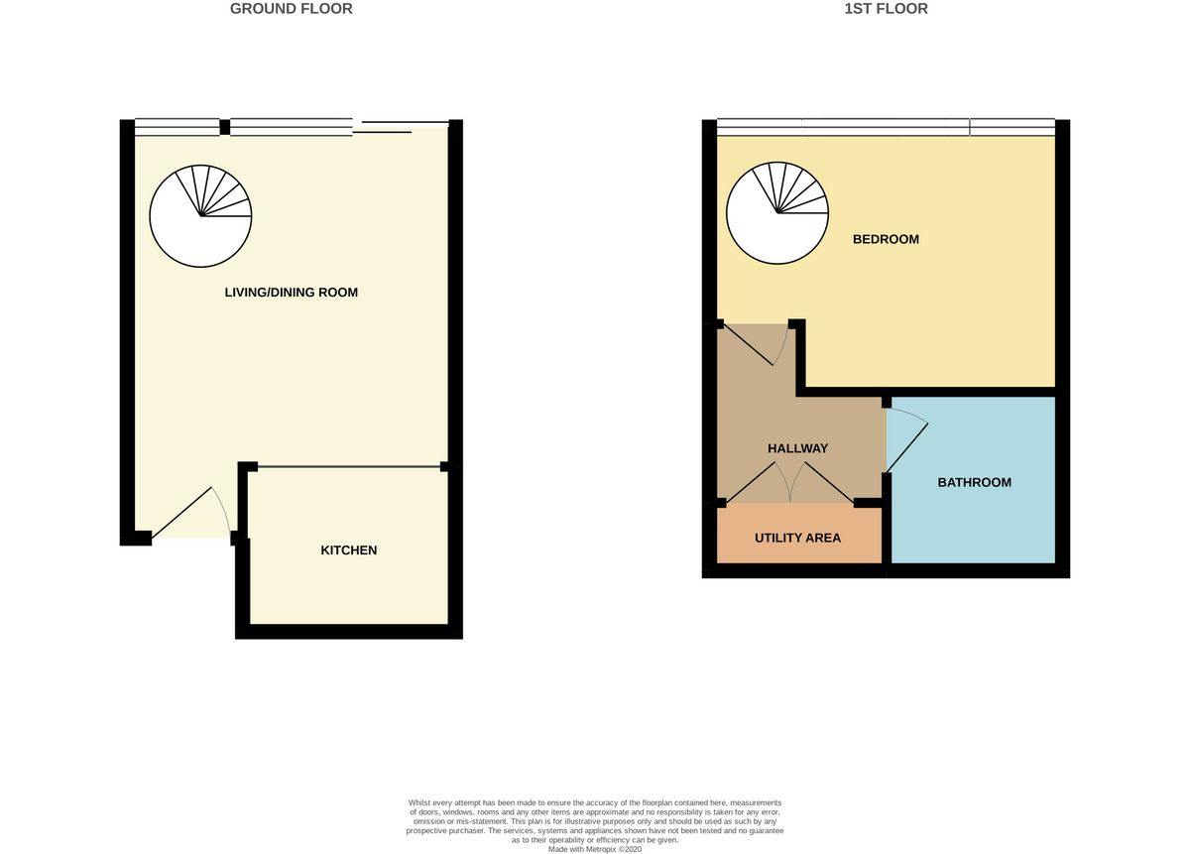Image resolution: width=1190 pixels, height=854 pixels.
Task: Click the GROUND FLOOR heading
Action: point(292,9)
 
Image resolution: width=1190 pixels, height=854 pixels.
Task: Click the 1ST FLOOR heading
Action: point(887,9)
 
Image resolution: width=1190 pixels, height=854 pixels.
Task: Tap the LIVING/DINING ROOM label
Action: point(292,293)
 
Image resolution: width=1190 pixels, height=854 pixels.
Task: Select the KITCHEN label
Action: point(348,550)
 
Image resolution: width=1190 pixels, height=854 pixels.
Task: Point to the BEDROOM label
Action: point(886,239)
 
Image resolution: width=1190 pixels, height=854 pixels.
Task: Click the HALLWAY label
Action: point(797,448)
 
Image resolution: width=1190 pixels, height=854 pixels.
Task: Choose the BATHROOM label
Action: point(974,482)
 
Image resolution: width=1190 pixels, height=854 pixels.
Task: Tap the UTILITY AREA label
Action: point(797,538)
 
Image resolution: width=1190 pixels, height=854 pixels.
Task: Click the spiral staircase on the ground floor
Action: point(200,216)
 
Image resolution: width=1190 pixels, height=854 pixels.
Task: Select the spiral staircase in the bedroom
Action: point(777,212)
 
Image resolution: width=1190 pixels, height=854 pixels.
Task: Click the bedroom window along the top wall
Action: point(886,127)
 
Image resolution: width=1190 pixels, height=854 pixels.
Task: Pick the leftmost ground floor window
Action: point(177,127)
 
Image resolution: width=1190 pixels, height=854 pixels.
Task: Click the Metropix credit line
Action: point(595,849)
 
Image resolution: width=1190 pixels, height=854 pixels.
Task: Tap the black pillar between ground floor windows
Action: point(225,127)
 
